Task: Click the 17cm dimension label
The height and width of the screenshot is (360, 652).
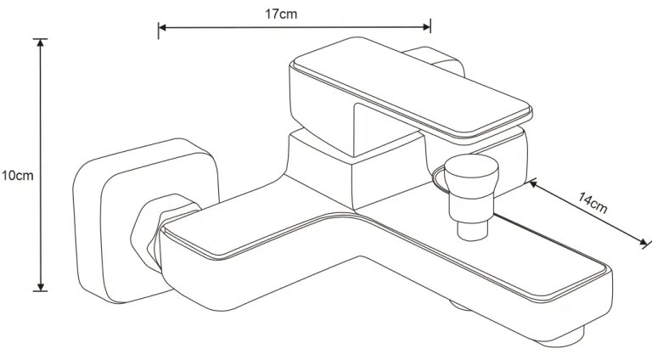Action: tap(281, 14)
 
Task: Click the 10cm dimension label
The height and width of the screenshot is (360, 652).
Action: tap(17, 176)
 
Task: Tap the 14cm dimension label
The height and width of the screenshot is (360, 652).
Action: tap(592, 202)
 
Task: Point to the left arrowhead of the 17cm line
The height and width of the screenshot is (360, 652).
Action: tap(162, 27)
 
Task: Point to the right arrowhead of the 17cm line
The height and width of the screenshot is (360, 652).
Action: tap(427, 27)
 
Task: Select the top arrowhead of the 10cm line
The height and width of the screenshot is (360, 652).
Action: tap(41, 42)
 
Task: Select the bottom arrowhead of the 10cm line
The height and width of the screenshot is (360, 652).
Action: tap(41, 287)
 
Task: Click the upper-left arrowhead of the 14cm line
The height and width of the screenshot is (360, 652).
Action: tap(532, 183)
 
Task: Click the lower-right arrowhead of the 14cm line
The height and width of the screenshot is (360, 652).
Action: tap(644, 241)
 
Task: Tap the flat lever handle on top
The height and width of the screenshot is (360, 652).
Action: tap(410, 91)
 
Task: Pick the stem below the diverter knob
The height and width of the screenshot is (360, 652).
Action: tap(472, 230)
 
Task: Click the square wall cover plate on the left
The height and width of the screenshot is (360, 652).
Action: tap(145, 221)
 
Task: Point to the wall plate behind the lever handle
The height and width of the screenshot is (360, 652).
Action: tap(441, 61)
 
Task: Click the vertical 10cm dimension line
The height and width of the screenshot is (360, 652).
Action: tap(41, 165)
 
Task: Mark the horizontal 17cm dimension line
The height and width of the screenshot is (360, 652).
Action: tap(295, 27)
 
